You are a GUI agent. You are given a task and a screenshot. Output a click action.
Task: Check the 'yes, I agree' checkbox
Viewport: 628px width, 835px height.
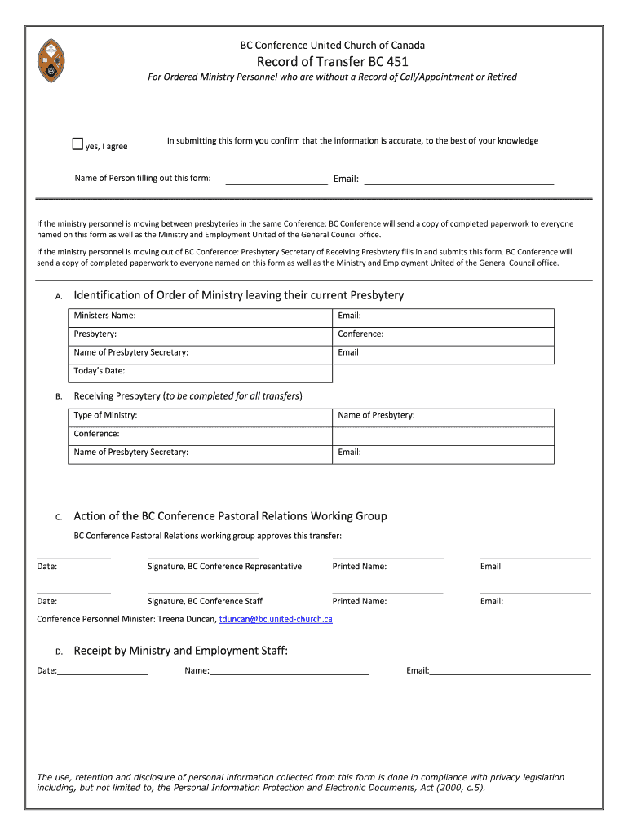[x=77, y=144]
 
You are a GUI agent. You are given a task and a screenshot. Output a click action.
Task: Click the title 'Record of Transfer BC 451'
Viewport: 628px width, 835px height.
[x=332, y=61]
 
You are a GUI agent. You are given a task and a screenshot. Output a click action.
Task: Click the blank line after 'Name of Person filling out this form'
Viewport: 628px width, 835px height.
[x=276, y=179]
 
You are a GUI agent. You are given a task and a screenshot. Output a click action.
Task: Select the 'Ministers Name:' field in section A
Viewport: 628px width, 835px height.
[x=201, y=316]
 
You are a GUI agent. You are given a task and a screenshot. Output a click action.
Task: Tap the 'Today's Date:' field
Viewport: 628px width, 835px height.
[x=201, y=372]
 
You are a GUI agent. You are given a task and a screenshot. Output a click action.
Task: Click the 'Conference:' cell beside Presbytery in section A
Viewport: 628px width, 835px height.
[x=443, y=334]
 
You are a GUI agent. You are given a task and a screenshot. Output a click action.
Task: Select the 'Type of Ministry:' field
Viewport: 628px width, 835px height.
[x=201, y=416]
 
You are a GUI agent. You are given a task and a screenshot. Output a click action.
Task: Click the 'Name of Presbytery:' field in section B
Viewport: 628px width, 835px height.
[x=443, y=416]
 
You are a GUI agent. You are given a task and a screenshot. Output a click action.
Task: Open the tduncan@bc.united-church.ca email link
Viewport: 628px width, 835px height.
[x=276, y=620]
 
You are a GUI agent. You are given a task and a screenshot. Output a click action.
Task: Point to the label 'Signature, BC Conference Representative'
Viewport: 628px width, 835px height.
[x=224, y=567]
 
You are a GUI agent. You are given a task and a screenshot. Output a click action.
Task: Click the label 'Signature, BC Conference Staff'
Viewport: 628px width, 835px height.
[x=205, y=602]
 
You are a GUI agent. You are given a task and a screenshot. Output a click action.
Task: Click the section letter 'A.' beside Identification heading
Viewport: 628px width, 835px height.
[x=59, y=297]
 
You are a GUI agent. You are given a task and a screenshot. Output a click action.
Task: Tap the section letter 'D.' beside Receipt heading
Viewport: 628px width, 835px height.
[x=59, y=652]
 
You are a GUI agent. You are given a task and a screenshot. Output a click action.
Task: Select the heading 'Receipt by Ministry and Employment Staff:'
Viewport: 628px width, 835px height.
[x=180, y=651]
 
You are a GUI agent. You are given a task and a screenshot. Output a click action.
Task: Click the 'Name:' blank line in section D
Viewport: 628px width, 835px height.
[x=290, y=670]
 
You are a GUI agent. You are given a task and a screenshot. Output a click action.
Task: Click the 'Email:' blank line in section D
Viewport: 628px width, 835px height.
[x=510, y=670]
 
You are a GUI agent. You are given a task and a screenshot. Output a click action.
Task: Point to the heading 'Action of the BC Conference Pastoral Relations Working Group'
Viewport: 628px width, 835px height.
[x=230, y=516]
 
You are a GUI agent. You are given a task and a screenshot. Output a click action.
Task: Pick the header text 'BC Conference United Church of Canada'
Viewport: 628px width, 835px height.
[x=332, y=46]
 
